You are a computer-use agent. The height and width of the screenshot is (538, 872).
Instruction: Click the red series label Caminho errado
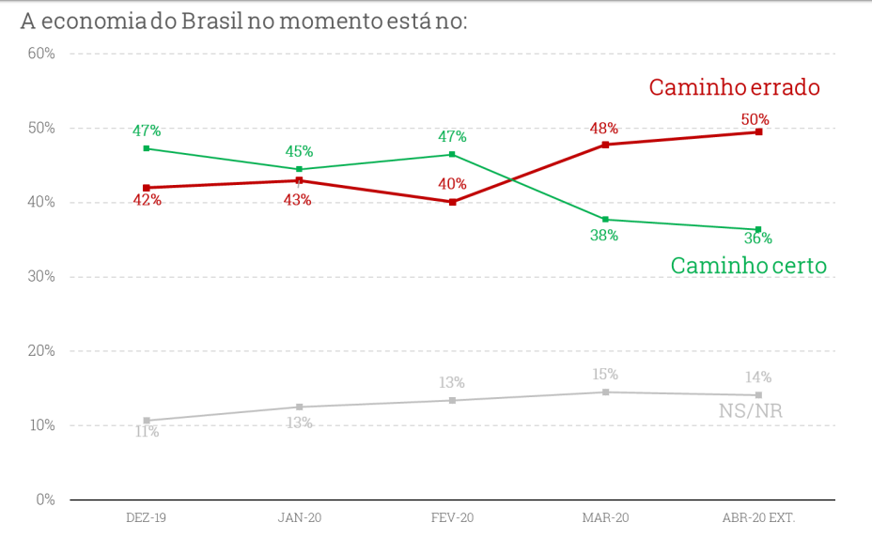coord(734,87)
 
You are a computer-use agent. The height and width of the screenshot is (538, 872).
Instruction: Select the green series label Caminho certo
coord(748,266)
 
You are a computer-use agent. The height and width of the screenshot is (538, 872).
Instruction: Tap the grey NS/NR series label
coord(750,411)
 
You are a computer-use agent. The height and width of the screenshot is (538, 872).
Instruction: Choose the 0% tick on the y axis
coord(45,500)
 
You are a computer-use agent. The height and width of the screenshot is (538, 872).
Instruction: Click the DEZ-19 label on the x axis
coord(146,517)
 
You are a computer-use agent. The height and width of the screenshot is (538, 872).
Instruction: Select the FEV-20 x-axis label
coord(452,517)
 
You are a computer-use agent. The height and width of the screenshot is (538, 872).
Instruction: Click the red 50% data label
coord(755,119)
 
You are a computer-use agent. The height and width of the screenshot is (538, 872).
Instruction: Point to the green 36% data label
coord(757,238)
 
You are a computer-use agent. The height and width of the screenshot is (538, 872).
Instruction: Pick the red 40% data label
coord(452,184)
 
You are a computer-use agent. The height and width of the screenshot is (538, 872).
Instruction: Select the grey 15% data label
coord(605,375)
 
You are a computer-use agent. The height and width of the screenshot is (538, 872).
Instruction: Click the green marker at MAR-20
coord(605,220)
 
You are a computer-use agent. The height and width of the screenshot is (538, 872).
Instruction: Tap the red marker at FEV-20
coord(452,202)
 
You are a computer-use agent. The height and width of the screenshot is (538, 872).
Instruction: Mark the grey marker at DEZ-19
coord(147,421)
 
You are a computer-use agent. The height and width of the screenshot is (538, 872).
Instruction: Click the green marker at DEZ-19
coord(147,148)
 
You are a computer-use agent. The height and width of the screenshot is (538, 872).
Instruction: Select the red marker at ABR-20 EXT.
coord(758,132)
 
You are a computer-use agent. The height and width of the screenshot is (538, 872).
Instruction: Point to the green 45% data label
coord(299,151)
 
